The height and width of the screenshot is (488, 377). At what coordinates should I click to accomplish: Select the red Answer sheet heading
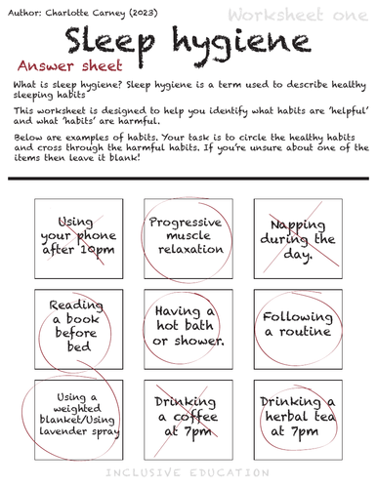(70, 66)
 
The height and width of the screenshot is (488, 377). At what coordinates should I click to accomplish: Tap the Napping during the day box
(295, 239)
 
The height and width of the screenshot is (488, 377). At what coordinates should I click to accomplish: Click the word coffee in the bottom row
(186, 417)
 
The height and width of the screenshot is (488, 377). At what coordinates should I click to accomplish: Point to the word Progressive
(186, 222)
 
